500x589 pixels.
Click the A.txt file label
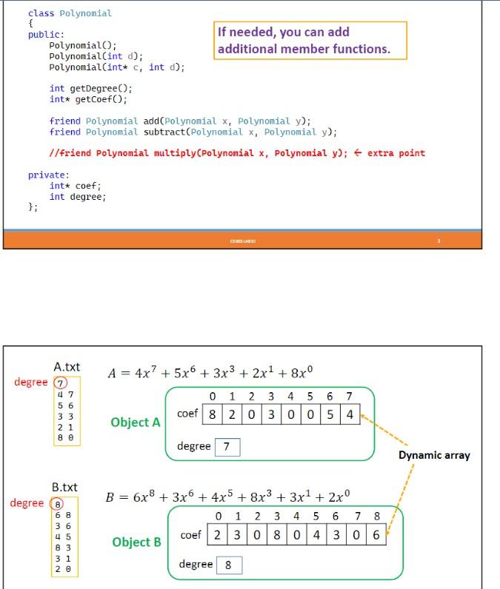(x=67, y=367)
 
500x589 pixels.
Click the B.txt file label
(x=64, y=487)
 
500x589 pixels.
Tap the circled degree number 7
(x=61, y=383)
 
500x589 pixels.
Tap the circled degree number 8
(x=57, y=503)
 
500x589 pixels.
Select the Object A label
(x=136, y=423)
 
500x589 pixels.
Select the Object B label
(x=136, y=542)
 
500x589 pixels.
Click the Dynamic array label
(x=434, y=455)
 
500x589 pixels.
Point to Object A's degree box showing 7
(x=227, y=447)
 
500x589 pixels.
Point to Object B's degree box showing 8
(x=228, y=565)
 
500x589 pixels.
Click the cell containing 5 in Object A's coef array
(x=330, y=414)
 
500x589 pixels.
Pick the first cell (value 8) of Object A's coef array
(x=213, y=414)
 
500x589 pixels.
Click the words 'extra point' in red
(x=396, y=153)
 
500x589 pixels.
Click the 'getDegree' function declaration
(x=90, y=88)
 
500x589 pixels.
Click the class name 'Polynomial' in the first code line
(x=85, y=13)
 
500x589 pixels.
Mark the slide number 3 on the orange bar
(x=439, y=240)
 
